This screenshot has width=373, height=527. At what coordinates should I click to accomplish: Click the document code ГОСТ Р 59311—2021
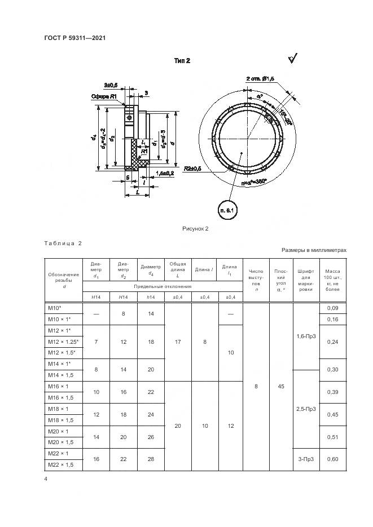click(x=76, y=38)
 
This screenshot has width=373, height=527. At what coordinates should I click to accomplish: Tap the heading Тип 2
click(x=182, y=60)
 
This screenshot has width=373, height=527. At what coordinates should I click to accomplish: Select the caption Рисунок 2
click(x=195, y=229)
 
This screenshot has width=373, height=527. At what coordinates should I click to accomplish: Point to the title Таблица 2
click(x=63, y=243)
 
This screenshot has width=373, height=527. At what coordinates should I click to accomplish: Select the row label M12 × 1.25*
click(x=63, y=342)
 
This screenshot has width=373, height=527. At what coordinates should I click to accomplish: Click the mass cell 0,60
click(x=332, y=459)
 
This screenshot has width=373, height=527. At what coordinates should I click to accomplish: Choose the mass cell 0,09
click(x=332, y=308)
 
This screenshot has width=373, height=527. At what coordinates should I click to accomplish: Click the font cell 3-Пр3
click(x=306, y=459)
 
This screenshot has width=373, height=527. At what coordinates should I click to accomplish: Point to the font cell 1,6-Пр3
click(x=306, y=336)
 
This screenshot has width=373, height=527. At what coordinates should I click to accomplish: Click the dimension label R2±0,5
click(x=193, y=169)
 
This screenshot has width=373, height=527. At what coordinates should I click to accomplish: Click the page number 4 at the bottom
click(x=45, y=479)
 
